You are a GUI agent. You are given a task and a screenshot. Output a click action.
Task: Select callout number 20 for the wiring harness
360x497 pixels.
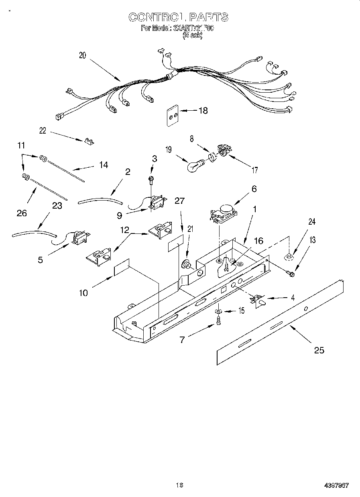click(82, 56)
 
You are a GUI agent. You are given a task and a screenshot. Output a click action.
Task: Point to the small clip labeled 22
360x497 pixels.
click(89, 141)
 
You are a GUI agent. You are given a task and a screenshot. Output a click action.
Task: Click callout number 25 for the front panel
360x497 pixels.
click(319, 350)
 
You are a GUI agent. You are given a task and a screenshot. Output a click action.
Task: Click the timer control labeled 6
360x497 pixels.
click(223, 211)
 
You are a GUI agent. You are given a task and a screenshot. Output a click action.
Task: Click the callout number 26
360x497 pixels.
click(22, 213)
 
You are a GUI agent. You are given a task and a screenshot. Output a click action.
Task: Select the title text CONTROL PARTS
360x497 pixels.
click(178, 17)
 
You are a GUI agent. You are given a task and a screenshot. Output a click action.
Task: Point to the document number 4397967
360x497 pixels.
click(336, 485)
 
